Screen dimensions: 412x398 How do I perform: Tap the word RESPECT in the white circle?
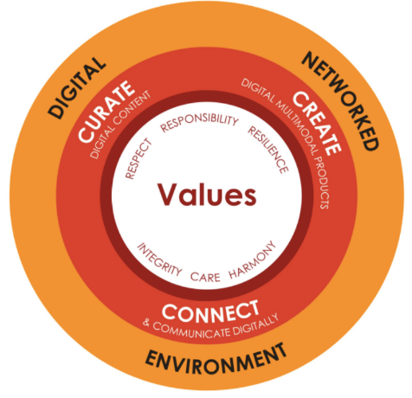tap(138, 158)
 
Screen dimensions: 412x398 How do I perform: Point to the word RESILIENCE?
tap(268, 150)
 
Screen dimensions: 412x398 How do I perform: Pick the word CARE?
tap(205, 277)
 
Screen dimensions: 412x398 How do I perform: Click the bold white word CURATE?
tap(106, 112)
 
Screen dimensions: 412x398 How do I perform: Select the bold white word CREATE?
tap(318, 124)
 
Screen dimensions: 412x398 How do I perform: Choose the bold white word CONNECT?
tap(210, 311)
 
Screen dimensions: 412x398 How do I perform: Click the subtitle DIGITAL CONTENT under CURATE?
tap(120, 125)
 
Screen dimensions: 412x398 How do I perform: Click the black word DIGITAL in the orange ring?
tap(77, 87)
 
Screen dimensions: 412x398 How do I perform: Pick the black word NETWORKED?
tap(340, 101)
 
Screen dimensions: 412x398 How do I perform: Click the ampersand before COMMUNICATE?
tap(146, 323)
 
